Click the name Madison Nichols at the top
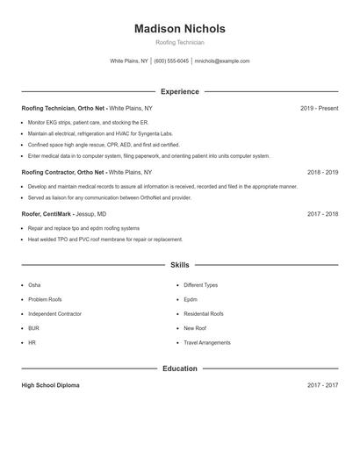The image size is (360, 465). [x=179, y=28]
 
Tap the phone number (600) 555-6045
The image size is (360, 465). [x=172, y=61]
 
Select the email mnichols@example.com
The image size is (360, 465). [x=222, y=61]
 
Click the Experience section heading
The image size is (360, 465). [x=179, y=91]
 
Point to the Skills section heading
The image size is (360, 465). [x=179, y=264]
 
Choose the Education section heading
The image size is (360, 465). [x=179, y=368]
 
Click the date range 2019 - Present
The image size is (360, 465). [x=319, y=108]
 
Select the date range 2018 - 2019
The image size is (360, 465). [x=322, y=173]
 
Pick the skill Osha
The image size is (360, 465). [x=34, y=285]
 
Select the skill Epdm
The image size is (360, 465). [x=191, y=299]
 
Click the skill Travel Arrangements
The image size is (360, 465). [x=207, y=342]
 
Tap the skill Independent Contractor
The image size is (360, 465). [x=54, y=313]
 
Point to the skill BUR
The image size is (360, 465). [x=33, y=328]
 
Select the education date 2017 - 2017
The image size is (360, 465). [x=322, y=385]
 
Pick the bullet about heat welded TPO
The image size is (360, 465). [x=104, y=239]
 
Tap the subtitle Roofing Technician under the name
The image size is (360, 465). [x=179, y=43]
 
